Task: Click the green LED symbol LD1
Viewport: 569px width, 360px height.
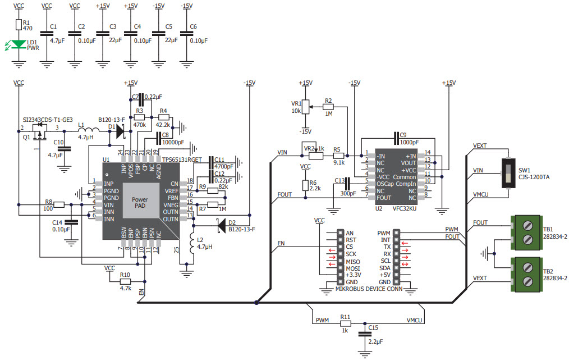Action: [x=19, y=44]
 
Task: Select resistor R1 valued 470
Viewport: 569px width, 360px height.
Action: [x=19, y=24]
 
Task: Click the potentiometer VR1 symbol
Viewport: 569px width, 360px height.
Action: [x=305, y=107]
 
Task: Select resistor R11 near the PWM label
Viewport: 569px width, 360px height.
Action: [x=345, y=323]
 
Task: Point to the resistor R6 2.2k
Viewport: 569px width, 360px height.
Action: [x=305, y=185]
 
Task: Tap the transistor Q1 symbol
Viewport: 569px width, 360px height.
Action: [x=38, y=133]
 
